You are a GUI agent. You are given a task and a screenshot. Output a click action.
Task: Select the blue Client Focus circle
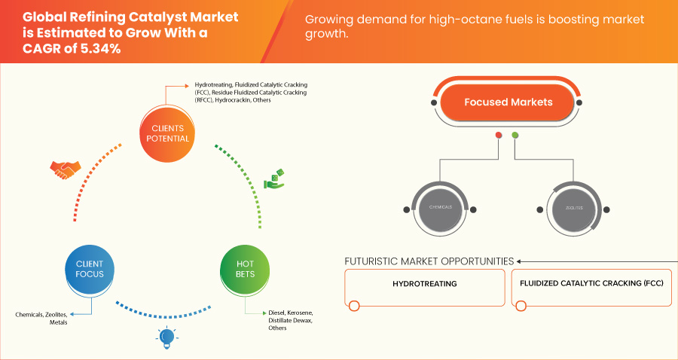(90, 269)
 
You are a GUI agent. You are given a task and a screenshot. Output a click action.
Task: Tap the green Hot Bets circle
(245, 269)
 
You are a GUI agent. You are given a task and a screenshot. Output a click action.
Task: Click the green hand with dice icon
(273, 179)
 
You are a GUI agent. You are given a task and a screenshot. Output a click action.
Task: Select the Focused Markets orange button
(508, 102)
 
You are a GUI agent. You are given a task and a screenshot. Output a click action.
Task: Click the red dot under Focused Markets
(498, 136)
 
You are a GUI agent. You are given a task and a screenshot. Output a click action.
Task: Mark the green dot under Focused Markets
(515, 136)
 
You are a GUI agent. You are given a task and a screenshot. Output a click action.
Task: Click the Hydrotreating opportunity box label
(425, 285)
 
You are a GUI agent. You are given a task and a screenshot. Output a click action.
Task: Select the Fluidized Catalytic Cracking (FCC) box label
(591, 285)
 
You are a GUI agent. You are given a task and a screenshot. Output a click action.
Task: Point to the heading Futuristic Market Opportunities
(429, 261)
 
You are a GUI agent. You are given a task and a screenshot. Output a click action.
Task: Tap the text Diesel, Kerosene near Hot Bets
(290, 313)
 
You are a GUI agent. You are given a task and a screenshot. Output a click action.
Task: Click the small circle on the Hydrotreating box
(353, 306)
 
